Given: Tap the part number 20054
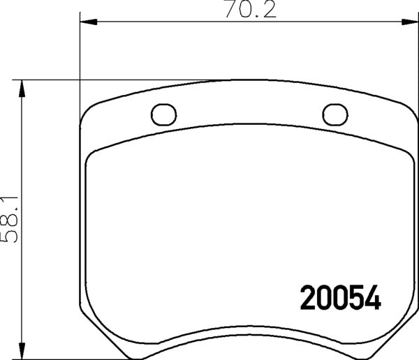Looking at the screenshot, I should click(x=340, y=298).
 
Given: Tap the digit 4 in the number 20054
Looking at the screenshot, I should click(x=373, y=298).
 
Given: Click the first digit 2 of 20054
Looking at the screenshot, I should click(x=307, y=298).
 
